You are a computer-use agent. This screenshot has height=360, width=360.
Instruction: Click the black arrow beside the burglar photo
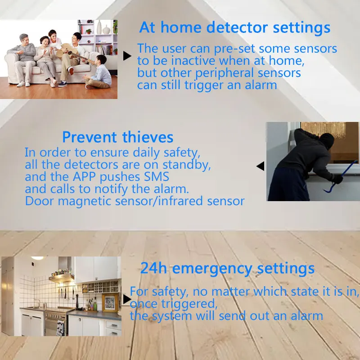[x=260, y=166]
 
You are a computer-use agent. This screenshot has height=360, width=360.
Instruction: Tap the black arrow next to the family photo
[x=127, y=56]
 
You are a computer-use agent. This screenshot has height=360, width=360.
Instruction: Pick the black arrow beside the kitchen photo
[x=127, y=299]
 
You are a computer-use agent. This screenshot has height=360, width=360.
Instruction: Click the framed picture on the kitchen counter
[x=109, y=303]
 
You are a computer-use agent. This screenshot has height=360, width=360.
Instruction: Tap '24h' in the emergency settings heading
[x=154, y=269]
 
